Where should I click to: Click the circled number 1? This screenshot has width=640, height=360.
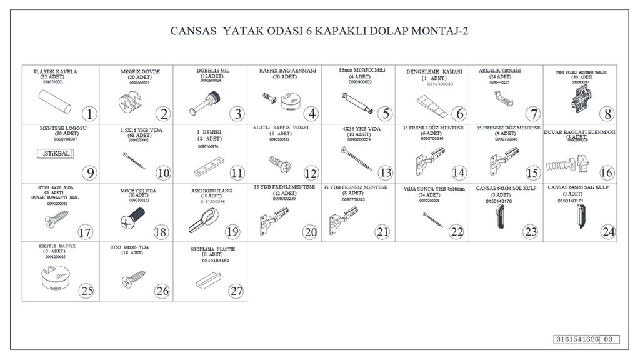(x=89, y=114)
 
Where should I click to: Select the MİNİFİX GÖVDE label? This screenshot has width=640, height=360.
(x=140, y=72)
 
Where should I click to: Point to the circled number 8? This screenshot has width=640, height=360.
(x=606, y=114)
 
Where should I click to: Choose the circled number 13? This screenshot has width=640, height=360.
(x=386, y=172)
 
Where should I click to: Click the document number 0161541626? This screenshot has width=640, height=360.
(x=577, y=339)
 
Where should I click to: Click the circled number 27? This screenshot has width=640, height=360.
(x=235, y=291)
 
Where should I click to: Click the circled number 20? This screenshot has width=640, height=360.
(x=311, y=232)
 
